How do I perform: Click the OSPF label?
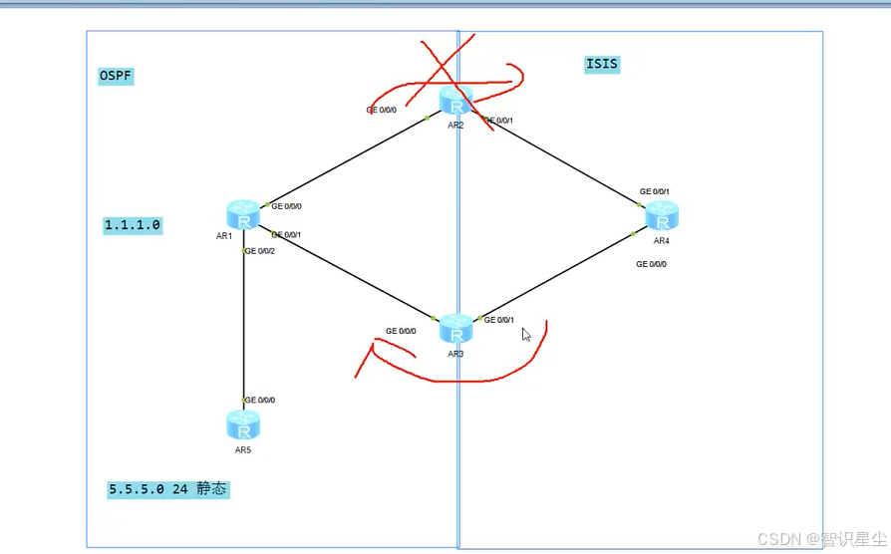116,77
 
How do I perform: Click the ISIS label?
602,65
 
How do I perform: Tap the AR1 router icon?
243,214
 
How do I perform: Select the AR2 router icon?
455,102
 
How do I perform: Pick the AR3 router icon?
456,329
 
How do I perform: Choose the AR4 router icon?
661,216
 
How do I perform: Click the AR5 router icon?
243,424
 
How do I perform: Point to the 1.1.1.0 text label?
133,225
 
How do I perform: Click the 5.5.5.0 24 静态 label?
169,489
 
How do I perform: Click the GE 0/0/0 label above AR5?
260,400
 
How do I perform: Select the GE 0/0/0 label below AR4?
652,264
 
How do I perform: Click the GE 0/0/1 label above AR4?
655,191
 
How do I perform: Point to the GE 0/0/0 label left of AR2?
382,111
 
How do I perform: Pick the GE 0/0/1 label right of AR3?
499,320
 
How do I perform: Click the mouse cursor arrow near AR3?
526,335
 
